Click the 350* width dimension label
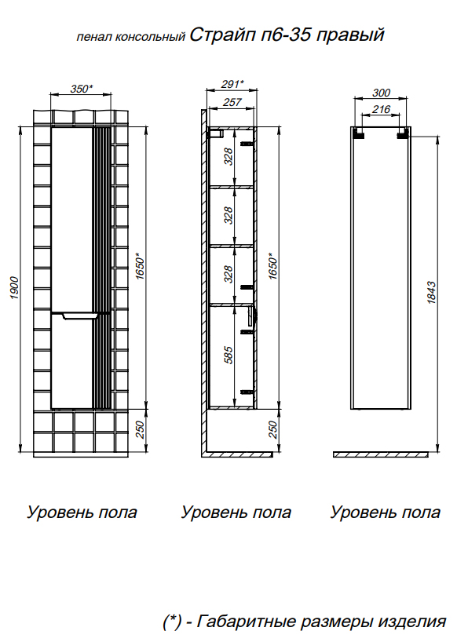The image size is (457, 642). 82,89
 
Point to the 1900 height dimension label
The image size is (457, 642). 15,288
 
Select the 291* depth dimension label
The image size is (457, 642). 232,84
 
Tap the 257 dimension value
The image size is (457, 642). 232,102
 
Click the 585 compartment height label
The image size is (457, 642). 229,355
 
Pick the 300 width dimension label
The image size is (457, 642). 381,93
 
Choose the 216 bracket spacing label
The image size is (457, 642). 381,109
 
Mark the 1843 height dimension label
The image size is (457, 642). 432,292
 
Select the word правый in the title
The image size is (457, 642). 350,35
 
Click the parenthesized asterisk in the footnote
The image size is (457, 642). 172,622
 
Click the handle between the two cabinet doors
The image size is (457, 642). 80,316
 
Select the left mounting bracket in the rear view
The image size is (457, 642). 359,133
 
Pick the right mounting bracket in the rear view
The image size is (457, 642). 403,133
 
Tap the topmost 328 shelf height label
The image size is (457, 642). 229,156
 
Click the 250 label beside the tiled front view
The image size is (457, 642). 140,430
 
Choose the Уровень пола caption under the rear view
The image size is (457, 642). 386,513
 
